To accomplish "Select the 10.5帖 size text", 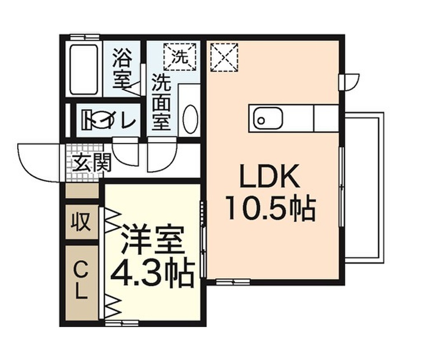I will click(270, 209).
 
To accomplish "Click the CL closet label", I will click(81, 282).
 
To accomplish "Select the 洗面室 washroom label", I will click(161, 101).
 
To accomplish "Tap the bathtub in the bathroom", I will click(84, 69).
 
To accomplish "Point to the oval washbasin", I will click(190, 119).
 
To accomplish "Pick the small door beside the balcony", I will click(349, 81).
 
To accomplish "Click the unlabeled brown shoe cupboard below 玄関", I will click(82, 191).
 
